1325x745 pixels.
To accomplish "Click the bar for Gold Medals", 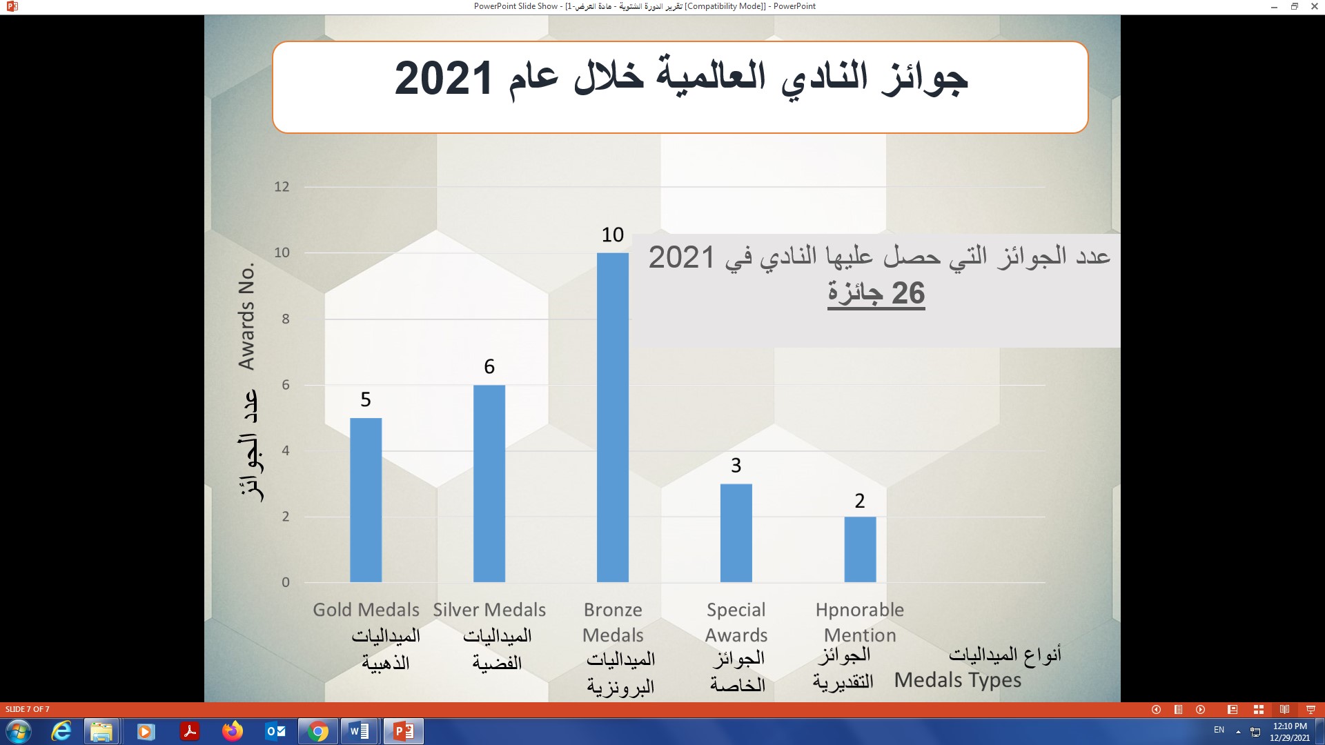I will pyautogui.click(x=366, y=500).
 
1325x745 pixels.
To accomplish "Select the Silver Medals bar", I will pyautogui.click(x=489, y=484).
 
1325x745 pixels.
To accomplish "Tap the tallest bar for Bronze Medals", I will pyautogui.click(x=613, y=417).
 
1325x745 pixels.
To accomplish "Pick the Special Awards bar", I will pyautogui.click(x=736, y=533).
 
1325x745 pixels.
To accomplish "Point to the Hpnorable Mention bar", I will pyautogui.click(x=860, y=550).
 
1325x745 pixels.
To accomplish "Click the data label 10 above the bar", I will pyautogui.click(x=613, y=235).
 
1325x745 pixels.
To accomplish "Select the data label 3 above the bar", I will pyautogui.click(x=736, y=466).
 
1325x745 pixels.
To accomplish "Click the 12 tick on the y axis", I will pyautogui.click(x=282, y=187).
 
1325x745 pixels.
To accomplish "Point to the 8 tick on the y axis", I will pyautogui.click(x=285, y=319).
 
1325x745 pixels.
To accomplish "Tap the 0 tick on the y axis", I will pyautogui.click(x=286, y=582).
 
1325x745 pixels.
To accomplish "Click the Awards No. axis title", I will pyautogui.click(x=247, y=316).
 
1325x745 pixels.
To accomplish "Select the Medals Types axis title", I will pyautogui.click(x=958, y=680).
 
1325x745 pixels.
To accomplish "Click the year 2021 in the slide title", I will pyautogui.click(x=443, y=78).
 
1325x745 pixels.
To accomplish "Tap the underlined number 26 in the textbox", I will pyautogui.click(x=908, y=293).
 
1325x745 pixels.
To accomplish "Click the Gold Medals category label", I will pyautogui.click(x=366, y=610).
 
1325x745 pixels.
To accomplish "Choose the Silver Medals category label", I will pyautogui.click(x=489, y=610).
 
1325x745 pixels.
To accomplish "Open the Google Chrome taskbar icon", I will pyautogui.click(x=318, y=731).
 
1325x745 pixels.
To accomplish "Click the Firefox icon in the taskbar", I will pyautogui.click(x=233, y=731).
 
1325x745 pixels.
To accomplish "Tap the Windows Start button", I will pyautogui.click(x=18, y=731).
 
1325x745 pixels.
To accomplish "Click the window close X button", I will pyautogui.click(x=1315, y=6).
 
